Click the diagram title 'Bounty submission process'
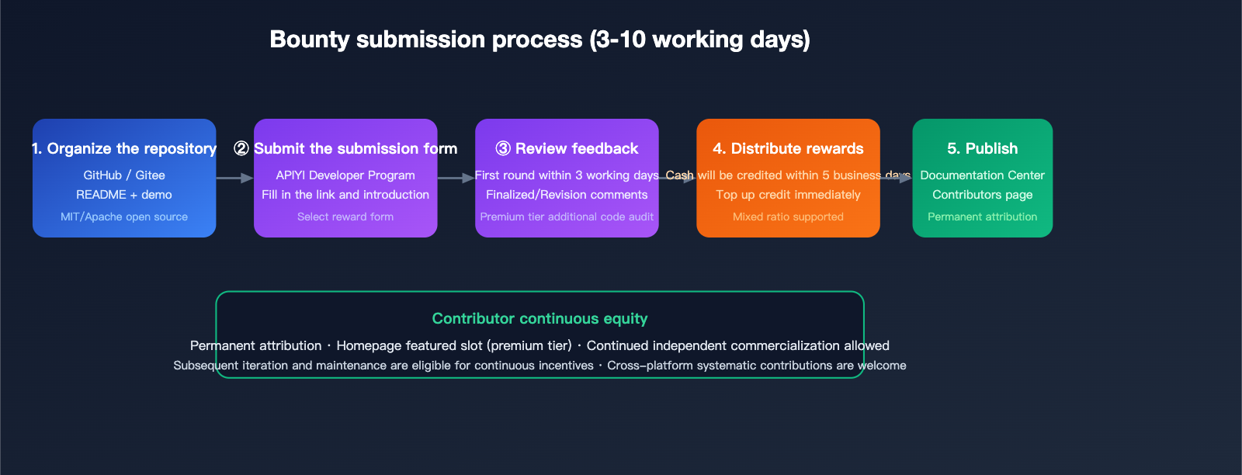[x=426, y=40]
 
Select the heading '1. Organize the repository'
[x=124, y=148]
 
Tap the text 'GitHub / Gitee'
[x=124, y=175]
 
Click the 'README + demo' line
[x=124, y=195]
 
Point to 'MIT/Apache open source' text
[x=124, y=217]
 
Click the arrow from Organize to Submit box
[x=234, y=178]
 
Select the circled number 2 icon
[x=241, y=148]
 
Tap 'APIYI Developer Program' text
[x=345, y=175]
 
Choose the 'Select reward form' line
[x=345, y=217]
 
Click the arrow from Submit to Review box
[x=456, y=178]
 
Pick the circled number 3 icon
[x=503, y=148]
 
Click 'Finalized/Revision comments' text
[x=567, y=195]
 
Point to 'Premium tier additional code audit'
[x=567, y=217]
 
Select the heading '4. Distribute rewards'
[x=788, y=148]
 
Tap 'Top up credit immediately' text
[x=788, y=195]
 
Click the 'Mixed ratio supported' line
[x=788, y=217]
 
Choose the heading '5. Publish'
[x=983, y=148]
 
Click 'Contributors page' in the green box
[x=983, y=195]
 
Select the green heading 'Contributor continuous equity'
[x=539, y=319]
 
